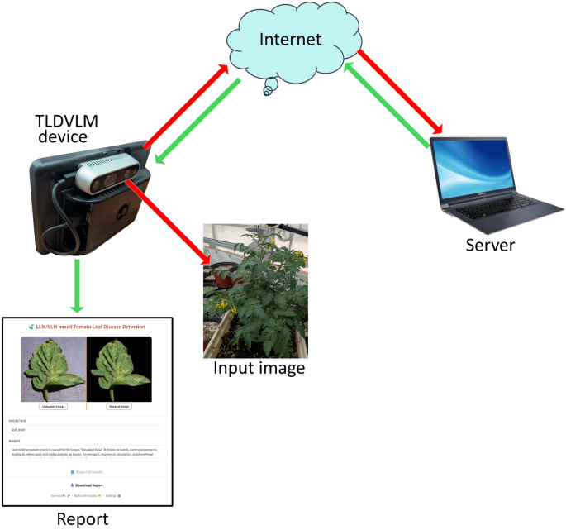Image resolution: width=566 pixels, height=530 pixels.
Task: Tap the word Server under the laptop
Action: click(x=490, y=245)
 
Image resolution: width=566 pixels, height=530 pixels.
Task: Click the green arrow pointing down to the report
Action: click(x=77, y=285)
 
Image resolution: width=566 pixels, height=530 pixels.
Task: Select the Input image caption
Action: click(x=259, y=368)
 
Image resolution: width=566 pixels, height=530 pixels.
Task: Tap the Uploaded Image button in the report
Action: click(x=53, y=406)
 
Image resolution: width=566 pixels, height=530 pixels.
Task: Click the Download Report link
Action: click(x=87, y=485)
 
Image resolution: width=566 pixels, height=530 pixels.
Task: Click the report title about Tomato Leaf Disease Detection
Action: click(x=91, y=327)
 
